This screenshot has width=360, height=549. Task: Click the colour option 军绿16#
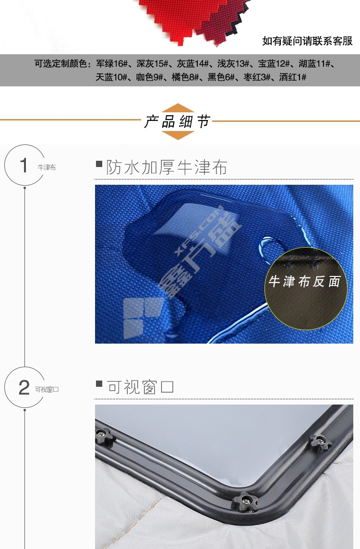click(x=112, y=64)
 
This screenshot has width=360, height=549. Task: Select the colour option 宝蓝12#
click(x=274, y=64)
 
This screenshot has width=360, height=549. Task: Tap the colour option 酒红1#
click(x=292, y=77)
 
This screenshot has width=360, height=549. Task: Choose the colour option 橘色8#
click(x=185, y=77)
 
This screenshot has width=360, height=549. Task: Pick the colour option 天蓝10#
click(x=111, y=77)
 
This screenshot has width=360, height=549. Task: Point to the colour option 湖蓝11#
click(x=314, y=64)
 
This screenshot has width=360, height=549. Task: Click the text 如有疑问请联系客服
click(x=308, y=41)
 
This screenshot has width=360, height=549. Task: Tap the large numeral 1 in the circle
click(x=24, y=165)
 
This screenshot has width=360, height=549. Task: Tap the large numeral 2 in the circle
click(x=24, y=387)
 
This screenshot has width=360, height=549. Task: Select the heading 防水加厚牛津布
click(x=167, y=167)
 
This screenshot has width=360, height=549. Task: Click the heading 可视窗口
click(x=140, y=387)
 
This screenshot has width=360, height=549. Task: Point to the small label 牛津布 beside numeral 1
click(x=47, y=167)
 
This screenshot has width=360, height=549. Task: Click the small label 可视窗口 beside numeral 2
click(x=47, y=389)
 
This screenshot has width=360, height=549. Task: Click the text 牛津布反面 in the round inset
click(x=305, y=282)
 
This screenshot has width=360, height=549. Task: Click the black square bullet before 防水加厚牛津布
click(x=99, y=164)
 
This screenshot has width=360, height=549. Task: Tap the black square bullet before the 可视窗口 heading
click(x=99, y=384)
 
